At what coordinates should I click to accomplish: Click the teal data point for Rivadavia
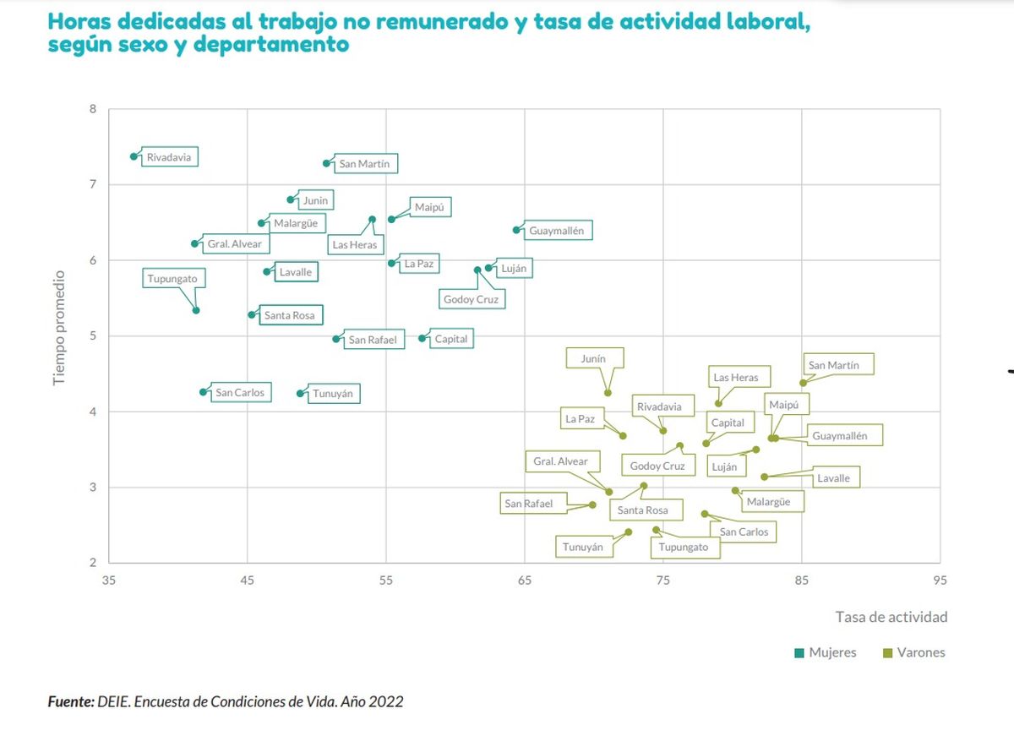point(134,156)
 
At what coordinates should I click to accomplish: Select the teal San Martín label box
point(364,164)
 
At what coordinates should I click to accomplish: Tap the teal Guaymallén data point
point(516,230)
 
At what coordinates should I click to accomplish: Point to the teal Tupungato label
point(177,279)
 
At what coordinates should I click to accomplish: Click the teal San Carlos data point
point(203,392)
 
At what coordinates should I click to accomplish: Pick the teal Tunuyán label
point(332,394)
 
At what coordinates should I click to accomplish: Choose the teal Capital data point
point(422,339)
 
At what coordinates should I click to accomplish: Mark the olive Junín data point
point(608,393)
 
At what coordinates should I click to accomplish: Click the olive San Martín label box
point(837,365)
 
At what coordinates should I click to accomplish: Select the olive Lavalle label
point(833,478)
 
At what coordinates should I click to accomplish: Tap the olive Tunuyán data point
point(628,532)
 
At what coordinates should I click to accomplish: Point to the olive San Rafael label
point(528,504)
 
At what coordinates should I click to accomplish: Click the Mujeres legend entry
point(826,652)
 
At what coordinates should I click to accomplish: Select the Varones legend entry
point(913,652)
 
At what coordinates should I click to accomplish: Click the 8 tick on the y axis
point(93,109)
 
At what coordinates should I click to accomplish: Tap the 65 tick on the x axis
point(524,581)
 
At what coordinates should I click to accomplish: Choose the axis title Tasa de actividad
point(891,617)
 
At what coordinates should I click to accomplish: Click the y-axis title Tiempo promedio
point(59,329)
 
